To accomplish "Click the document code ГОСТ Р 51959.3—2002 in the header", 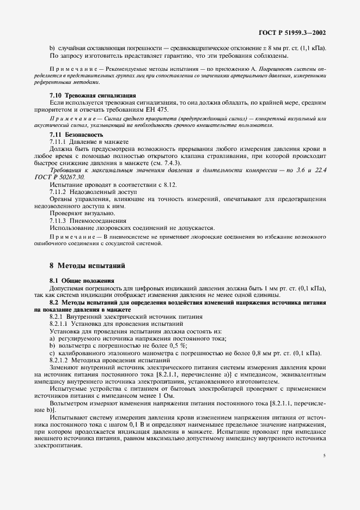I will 292,32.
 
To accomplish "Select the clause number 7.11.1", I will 59,141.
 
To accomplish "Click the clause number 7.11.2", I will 59,192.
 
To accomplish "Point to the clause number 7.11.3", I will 59,221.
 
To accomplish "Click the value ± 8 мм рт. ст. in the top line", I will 280,49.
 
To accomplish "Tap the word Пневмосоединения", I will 99,221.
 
